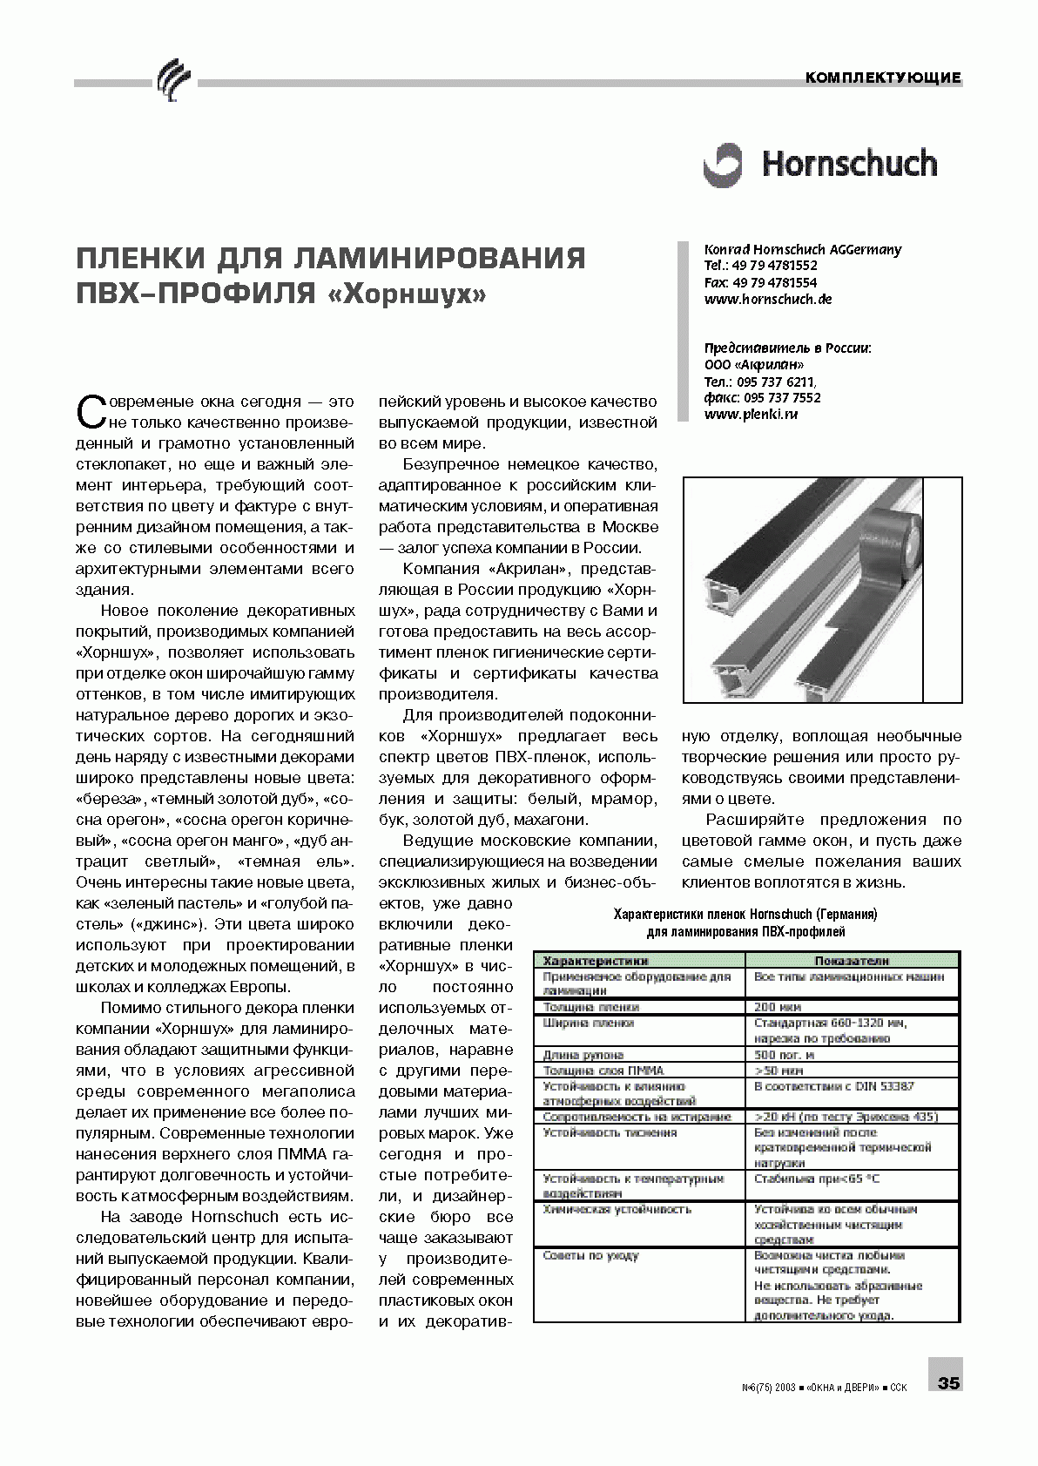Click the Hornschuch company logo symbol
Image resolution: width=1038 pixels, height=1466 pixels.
coord(724,165)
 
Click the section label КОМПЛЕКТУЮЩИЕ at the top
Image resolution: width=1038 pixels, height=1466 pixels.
coord(883,78)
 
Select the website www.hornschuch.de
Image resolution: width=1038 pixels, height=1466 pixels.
coord(768,299)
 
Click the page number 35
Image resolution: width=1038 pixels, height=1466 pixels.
coord(948,1382)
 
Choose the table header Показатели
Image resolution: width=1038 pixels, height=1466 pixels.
coord(851,961)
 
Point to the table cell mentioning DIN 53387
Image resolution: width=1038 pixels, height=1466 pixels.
coord(833,1086)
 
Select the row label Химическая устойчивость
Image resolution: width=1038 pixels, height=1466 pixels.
coord(604,1209)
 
